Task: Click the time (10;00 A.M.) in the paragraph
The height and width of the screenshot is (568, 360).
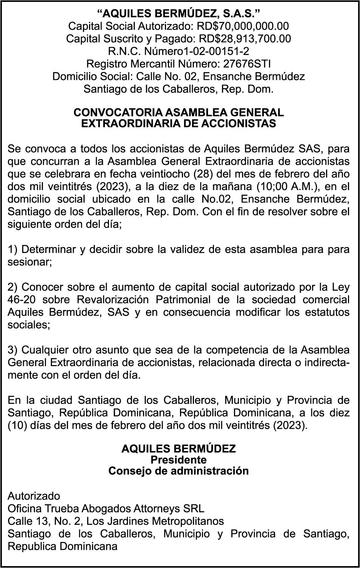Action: click(289, 186)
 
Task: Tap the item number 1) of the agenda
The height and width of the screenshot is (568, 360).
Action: click(13, 249)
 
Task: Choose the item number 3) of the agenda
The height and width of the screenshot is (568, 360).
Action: click(13, 350)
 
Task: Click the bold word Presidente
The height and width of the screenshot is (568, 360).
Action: click(178, 460)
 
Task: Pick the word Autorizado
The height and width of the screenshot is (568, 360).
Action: click(34, 496)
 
